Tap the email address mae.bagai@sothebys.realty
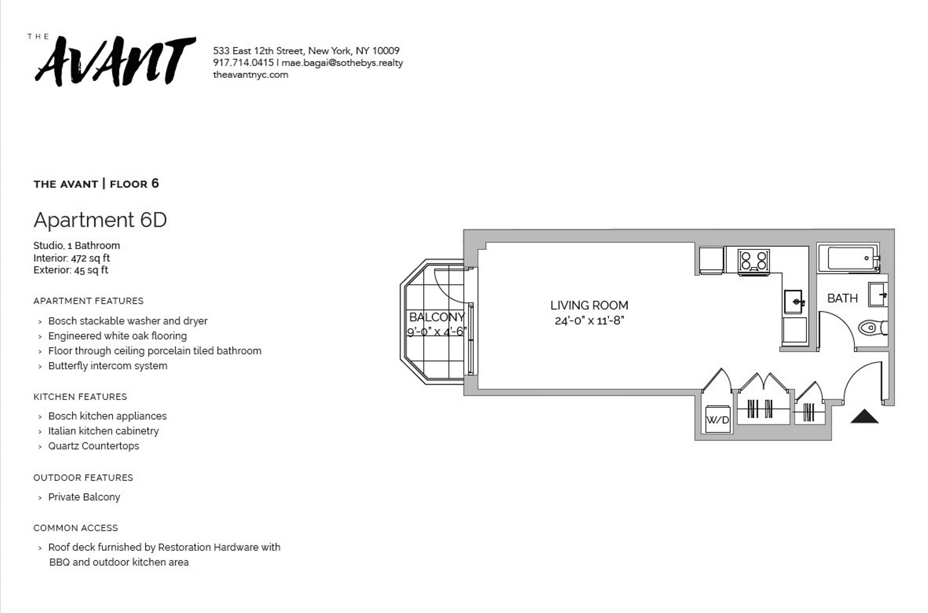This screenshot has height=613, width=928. coord(342,63)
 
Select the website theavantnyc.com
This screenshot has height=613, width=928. coord(251,75)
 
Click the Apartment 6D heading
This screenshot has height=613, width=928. coord(100,220)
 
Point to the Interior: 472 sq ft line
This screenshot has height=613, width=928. coord(72,258)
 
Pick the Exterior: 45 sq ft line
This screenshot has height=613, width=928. coord(71,270)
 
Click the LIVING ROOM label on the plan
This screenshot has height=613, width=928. coord(589,305)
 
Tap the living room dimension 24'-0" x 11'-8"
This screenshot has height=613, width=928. coord(589,321)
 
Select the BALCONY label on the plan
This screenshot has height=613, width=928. coord(436,317)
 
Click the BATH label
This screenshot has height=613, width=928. coord(842,299)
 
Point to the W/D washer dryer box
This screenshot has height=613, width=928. coord(718,420)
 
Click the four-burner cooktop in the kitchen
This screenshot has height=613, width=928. coord(753,261)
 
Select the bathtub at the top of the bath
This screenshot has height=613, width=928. coord(849,258)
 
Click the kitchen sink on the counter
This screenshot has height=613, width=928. coord(793,301)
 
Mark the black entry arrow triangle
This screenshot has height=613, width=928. coord(865,417)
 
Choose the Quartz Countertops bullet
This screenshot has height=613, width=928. coord(94,446)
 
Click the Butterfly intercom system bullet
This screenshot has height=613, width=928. coord(108,366)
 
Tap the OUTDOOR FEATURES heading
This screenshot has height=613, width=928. coord(83,478)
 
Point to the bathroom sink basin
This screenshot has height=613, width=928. coord(877,295)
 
